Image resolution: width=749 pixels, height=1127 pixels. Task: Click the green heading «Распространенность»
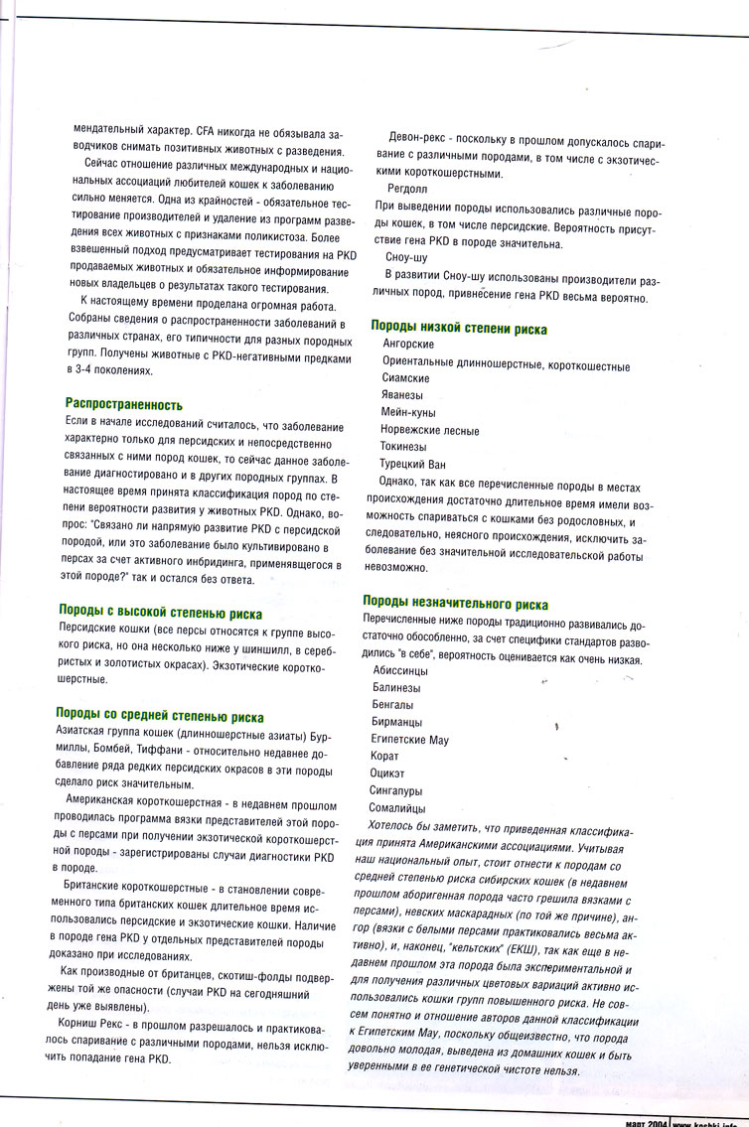(x=123, y=404)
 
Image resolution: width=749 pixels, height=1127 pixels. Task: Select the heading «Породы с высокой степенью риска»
(x=160, y=612)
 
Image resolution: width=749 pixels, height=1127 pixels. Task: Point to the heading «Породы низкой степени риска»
(x=459, y=328)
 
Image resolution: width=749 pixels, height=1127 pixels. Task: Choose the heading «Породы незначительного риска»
(x=455, y=603)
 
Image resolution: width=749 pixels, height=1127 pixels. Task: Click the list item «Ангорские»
(x=407, y=345)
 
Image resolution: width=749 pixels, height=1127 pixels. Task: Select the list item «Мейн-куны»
(x=408, y=412)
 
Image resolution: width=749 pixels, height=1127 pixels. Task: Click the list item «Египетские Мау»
(x=410, y=740)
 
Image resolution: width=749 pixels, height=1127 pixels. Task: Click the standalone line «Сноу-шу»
(x=406, y=256)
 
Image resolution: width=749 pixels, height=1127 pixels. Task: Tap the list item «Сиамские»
(x=405, y=378)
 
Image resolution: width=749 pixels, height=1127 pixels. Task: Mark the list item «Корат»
(x=385, y=757)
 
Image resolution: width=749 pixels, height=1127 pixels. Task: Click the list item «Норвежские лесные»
(x=429, y=430)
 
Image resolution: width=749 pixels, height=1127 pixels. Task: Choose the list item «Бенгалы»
(x=392, y=704)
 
